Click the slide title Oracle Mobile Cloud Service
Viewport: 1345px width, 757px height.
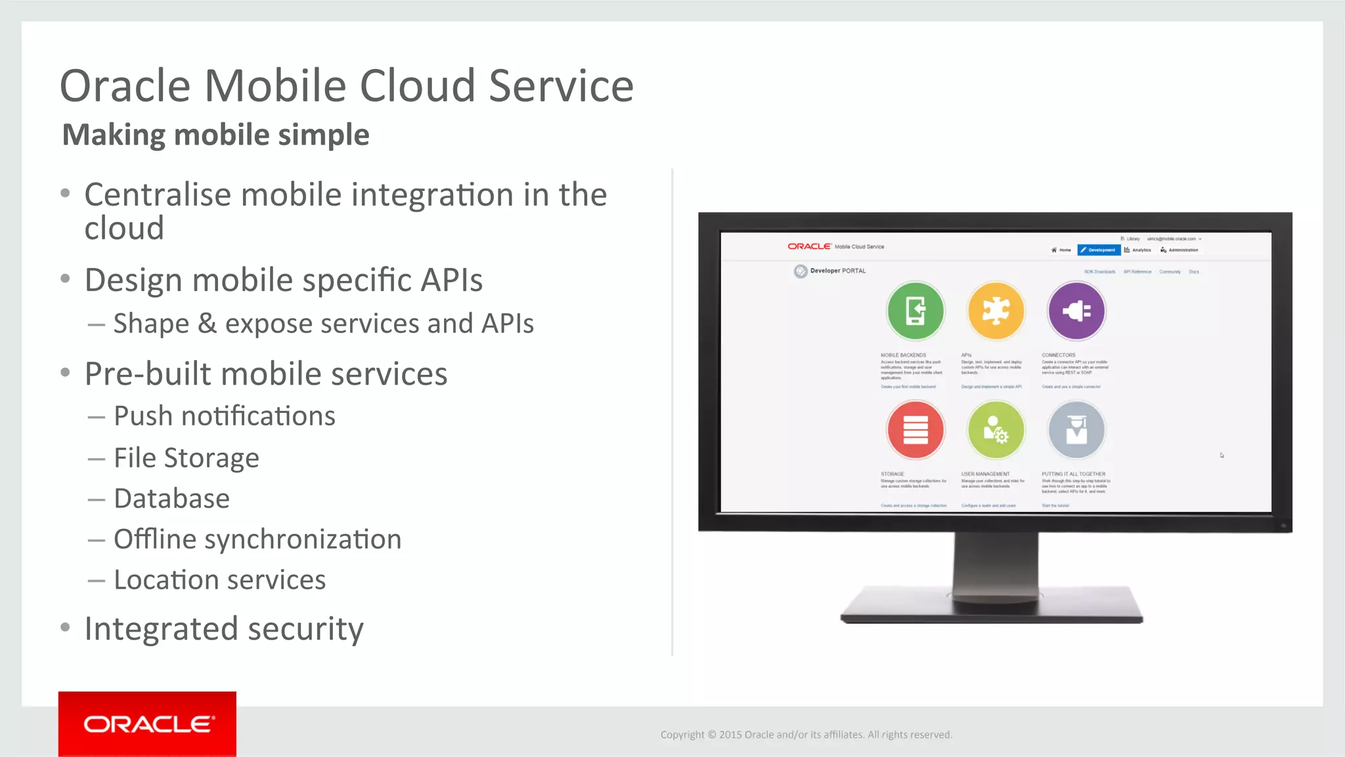coord(346,86)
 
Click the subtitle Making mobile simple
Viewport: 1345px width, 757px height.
coord(215,135)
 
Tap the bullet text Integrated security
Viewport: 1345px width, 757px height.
coord(223,629)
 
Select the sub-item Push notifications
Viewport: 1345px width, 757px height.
coord(224,416)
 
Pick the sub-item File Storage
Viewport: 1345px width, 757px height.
coord(186,458)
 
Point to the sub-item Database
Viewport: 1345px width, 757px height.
coord(171,499)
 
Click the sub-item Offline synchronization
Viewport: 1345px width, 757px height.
coord(257,540)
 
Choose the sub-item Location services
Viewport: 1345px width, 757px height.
coord(219,580)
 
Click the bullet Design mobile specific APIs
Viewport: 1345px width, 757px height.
coord(283,280)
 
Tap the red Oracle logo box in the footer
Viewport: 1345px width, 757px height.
coord(147,724)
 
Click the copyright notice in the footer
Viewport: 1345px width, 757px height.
coord(806,735)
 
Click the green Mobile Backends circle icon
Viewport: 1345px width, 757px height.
coord(915,311)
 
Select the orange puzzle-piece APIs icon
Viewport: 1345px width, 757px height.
coord(996,311)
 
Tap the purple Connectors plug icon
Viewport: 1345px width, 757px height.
coord(1076,311)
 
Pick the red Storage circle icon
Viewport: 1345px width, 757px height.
coord(915,430)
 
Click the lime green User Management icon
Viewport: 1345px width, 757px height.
coord(996,430)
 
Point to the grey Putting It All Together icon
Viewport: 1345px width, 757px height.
coord(1076,430)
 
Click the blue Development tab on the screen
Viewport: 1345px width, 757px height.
coord(1099,250)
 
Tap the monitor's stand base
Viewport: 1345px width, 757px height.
coord(992,607)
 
